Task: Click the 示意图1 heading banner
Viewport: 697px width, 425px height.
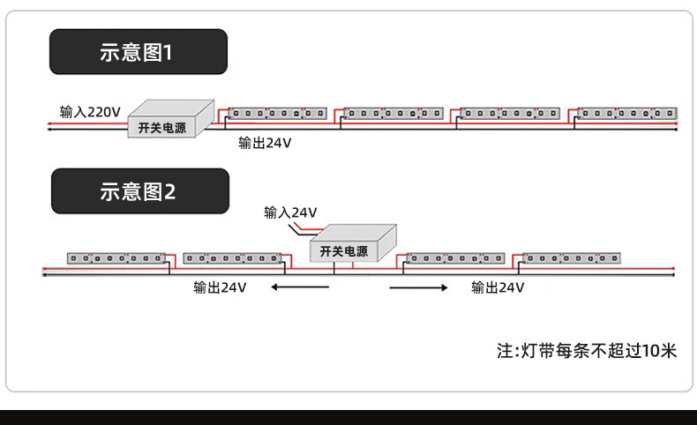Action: pyautogui.click(x=139, y=51)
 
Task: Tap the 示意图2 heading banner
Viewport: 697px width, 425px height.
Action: pyautogui.click(x=140, y=191)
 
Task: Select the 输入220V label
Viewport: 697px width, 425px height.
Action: pyautogui.click(x=90, y=112)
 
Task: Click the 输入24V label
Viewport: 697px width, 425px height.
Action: pyautogui.click(x=290, y=212)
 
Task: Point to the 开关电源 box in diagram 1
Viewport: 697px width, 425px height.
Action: pyautogui.click(x=171, y=118)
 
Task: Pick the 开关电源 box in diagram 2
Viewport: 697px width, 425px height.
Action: pyautogui.click(x=353, y=243)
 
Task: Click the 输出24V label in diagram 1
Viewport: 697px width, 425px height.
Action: pyautogui.click(x=265, y=143)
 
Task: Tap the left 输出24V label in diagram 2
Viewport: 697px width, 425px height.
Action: pyautogui.click(x=220, y=287)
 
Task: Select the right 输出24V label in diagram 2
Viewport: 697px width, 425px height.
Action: pyautogui.click(x=498, y=287)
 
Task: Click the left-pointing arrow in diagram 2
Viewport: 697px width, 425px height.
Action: pyautogui.click(x=300, y=287)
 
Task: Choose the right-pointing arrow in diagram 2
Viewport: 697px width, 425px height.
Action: pyautogui.click(x=418, y=287)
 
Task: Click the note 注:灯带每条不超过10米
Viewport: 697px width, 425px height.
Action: pyautogui.click(x=587, y=351)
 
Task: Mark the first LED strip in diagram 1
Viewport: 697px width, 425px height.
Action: pyautogui.click(x=277, y=113)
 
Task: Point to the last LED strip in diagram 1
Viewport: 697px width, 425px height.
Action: pyautogui.click(x=627, y=113)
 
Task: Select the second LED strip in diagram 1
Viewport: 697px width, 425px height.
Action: pyautogui.click(x=393, y=113)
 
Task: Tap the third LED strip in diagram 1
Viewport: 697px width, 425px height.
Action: pyautogui.click(x=510, y=113)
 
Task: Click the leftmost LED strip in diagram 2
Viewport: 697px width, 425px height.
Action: pyautogui.click(x=116, y=258)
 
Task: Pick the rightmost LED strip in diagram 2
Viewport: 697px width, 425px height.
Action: pyautogui.click(x=571, y=258)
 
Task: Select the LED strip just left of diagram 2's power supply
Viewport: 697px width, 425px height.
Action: pyautogui.click(x=233, y=258)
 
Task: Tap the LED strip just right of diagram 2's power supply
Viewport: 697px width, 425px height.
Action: pyautogui.click(x=455, y=258)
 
